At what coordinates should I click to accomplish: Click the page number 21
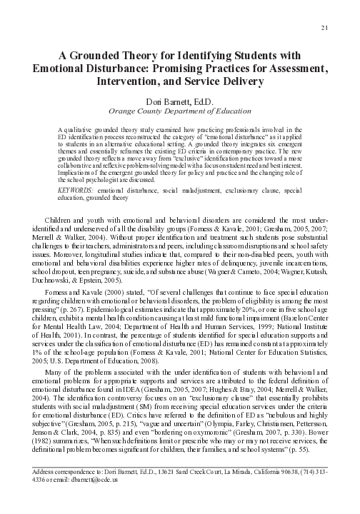click(325, 28)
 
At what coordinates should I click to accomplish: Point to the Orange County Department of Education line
click(180, 111)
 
